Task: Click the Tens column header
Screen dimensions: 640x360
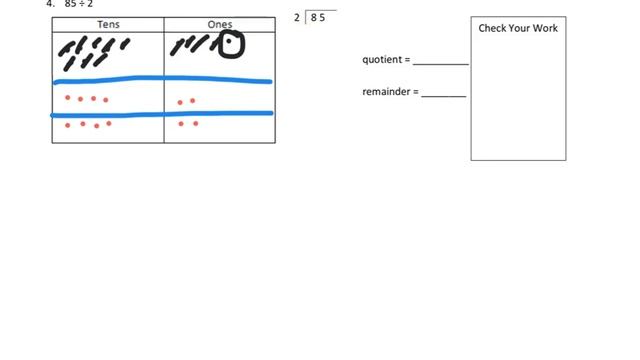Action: click(x=108, y=24)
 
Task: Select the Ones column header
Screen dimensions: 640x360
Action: click(x=219, y=24)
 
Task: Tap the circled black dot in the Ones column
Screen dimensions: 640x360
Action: click(x=230, y=44)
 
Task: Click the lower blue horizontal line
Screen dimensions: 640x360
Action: click(x=160, y=114)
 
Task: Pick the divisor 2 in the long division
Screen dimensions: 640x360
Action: click(x=297, y=17)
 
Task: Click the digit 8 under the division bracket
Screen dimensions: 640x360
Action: click(x=313, y=17)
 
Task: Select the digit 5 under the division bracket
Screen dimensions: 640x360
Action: click(x=322, y=17)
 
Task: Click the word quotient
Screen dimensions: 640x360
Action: click(x=384, y=60)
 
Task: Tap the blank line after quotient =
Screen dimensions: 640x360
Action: click(x=440, y=62)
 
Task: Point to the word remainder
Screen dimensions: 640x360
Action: click(x=389, y=92)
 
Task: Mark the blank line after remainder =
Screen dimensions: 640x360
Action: click(x=443, y=95)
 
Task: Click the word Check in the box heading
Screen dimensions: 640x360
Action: click(x=492, y=28)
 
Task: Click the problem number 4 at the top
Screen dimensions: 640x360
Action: click(x=49, y=3)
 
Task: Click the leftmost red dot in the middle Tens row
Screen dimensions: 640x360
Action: click(x=68, y=98)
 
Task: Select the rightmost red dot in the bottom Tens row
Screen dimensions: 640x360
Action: click(x=109, y=124)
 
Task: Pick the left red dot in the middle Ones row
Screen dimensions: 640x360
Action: click(x=180, y=101)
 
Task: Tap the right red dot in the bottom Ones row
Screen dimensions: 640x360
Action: click(x=195, y=124)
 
